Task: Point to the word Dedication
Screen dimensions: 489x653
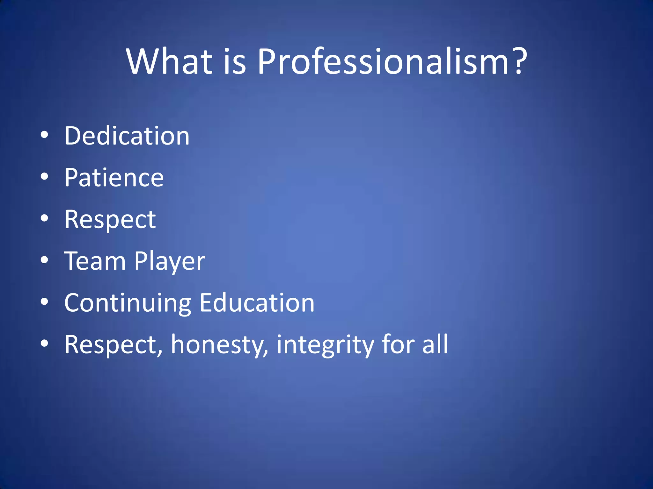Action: click(127, 136)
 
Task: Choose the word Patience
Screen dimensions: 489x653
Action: click(114, 178)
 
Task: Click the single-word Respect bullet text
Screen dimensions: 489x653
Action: click(110, 220)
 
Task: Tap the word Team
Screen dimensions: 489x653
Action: click(95, 261)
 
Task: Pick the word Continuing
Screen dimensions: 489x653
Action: click(128, 303)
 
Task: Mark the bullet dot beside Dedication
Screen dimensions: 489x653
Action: click(44, 135)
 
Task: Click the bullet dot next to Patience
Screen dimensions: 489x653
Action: click(44, 177)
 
